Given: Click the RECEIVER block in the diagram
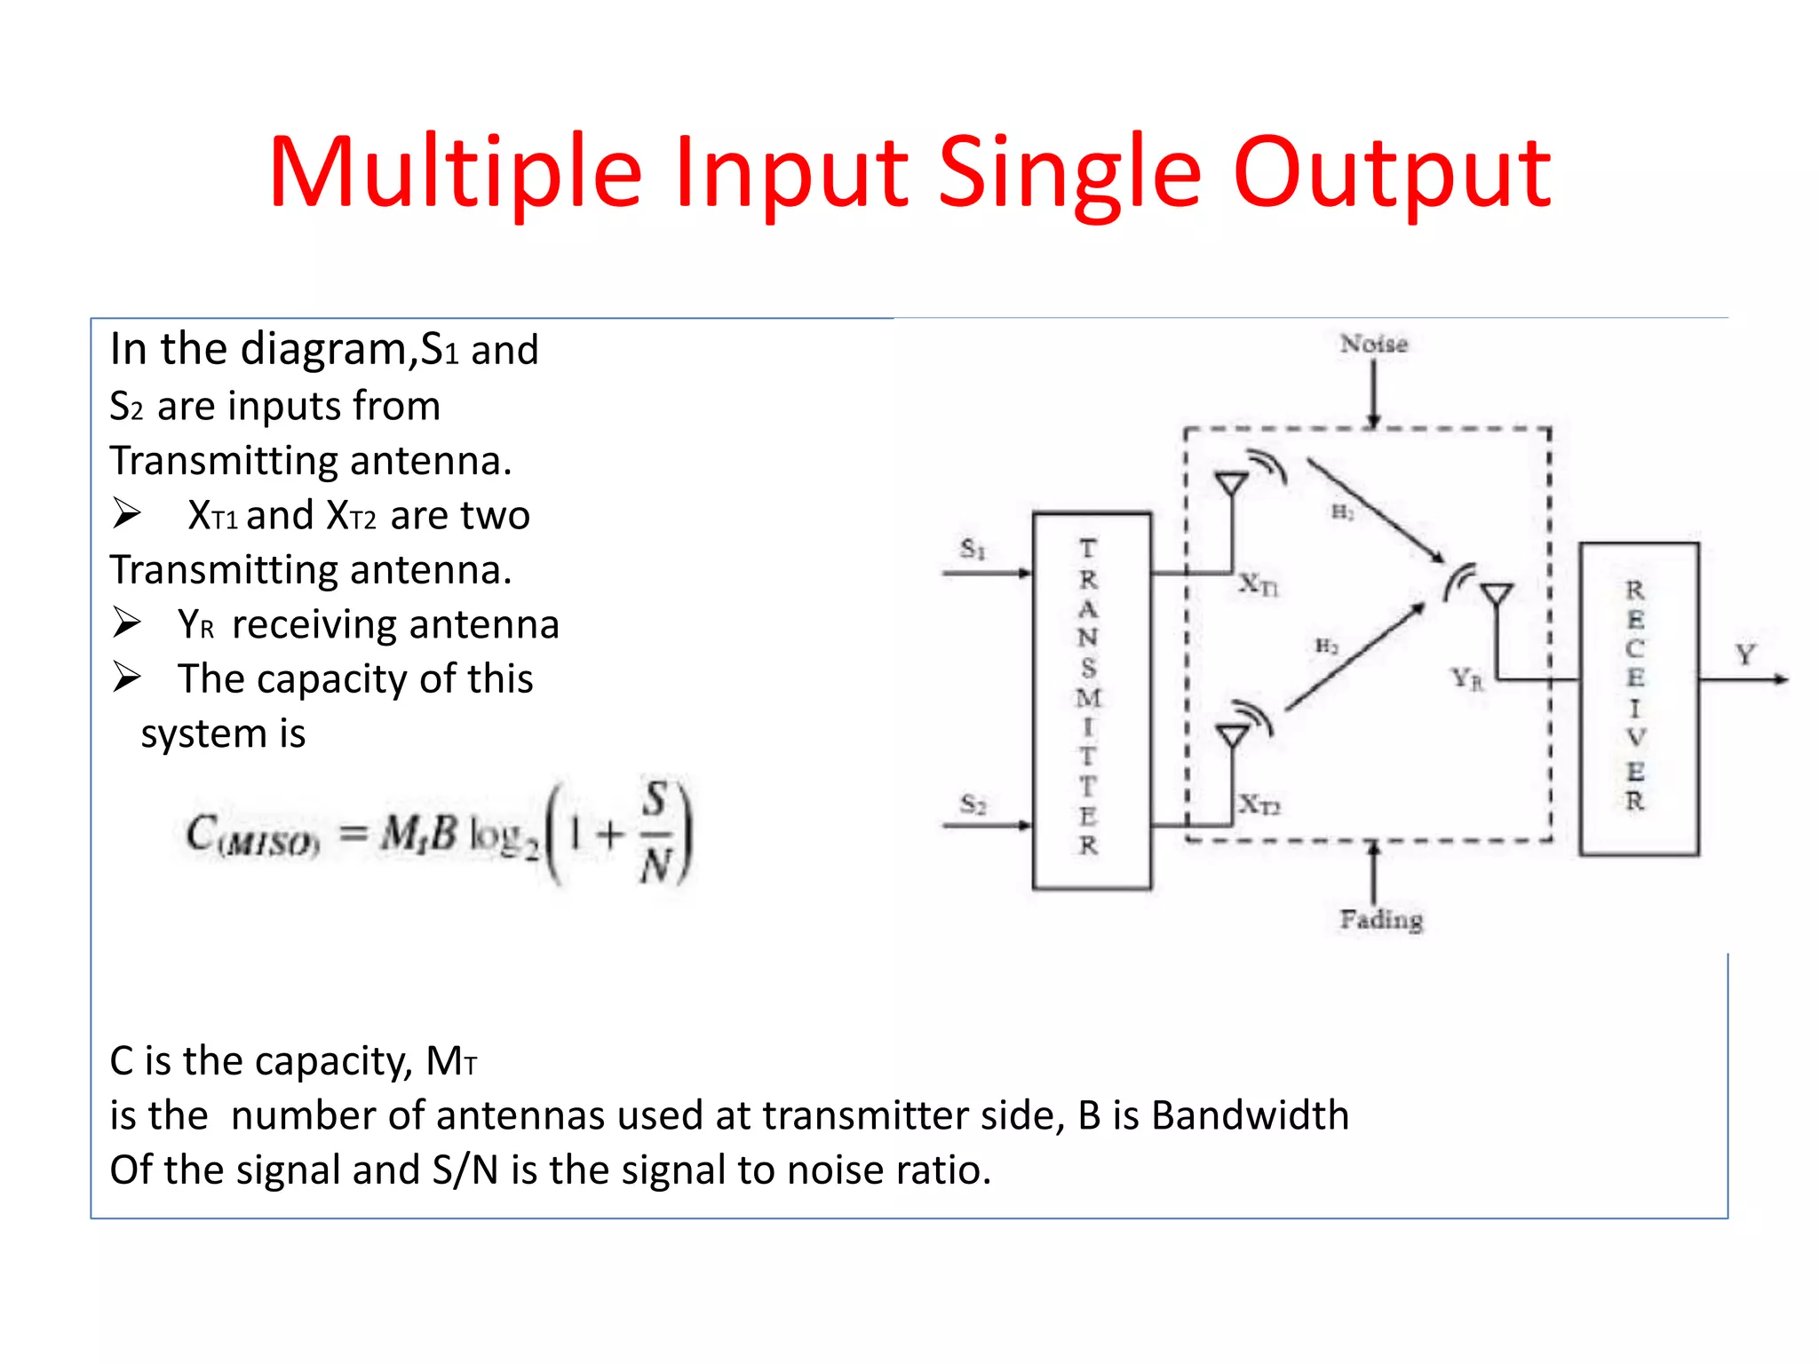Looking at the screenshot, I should pos(1638,698).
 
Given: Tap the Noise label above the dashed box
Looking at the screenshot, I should pos(1373,344).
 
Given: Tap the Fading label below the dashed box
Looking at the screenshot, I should pos(1381,919).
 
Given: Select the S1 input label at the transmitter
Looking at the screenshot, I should pos(973,549).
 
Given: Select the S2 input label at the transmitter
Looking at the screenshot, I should pos(973,805).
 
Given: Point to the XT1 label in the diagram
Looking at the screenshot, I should pos(1259,584).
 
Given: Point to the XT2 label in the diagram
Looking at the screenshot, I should pos(1259,805).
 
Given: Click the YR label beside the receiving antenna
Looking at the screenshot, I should pos(1467,680).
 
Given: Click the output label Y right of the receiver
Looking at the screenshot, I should pos(1745,655).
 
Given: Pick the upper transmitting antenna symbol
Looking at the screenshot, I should pos(1233,484).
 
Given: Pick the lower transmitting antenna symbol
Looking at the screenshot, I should pos(1233,735).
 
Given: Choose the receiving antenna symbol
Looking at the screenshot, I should pos(1497,593).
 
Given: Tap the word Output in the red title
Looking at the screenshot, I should pos(1391,172).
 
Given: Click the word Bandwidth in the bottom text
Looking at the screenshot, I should pos(1250,1115).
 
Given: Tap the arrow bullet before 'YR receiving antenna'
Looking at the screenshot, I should pos(127,623).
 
